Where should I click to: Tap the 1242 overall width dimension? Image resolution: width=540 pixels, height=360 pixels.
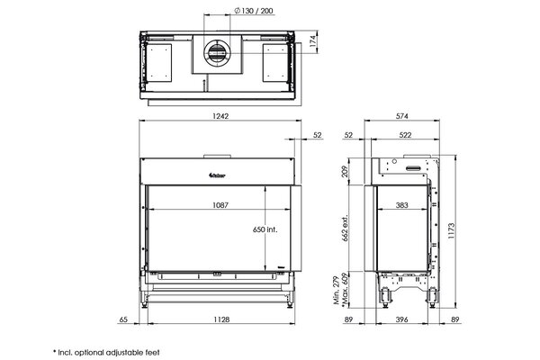(x=219, y=116)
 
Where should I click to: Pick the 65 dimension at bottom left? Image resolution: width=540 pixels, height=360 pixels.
(x=123, y=318)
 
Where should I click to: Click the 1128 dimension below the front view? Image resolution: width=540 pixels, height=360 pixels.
(x=219, y=318)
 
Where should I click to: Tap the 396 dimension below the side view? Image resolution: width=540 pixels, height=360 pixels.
(x=401, y=318)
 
